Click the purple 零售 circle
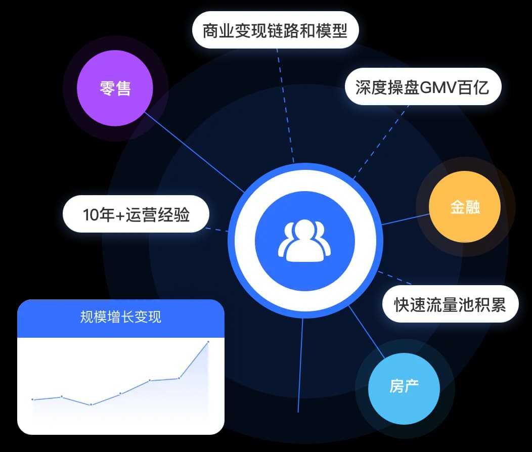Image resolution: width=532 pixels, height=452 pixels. point(115,88)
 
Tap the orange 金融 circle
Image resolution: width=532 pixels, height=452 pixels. point(465,206)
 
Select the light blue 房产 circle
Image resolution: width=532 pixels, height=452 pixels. point(404,388)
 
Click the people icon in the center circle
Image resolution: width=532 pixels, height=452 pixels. point(304,241)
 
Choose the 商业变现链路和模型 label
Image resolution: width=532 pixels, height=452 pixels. point(275,30)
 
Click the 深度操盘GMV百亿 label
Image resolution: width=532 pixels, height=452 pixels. point(423,87)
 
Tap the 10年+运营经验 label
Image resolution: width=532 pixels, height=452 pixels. point(136,214)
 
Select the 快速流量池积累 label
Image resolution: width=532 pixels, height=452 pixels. point(450,304)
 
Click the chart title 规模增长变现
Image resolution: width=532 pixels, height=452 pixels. point(121,318)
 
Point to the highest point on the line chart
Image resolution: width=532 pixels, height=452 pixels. point(208,342)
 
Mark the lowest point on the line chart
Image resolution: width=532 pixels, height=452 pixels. point(91,404)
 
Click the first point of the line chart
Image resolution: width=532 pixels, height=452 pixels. point(32,399)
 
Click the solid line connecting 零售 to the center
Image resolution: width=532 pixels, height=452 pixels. point(195,153)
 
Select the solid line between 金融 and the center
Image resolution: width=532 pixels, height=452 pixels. point(406,219)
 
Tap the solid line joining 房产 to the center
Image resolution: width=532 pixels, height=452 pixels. point(367,332)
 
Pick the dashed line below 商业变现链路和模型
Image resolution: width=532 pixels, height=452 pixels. point(285,106)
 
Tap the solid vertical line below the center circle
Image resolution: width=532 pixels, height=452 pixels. point(300,365)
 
